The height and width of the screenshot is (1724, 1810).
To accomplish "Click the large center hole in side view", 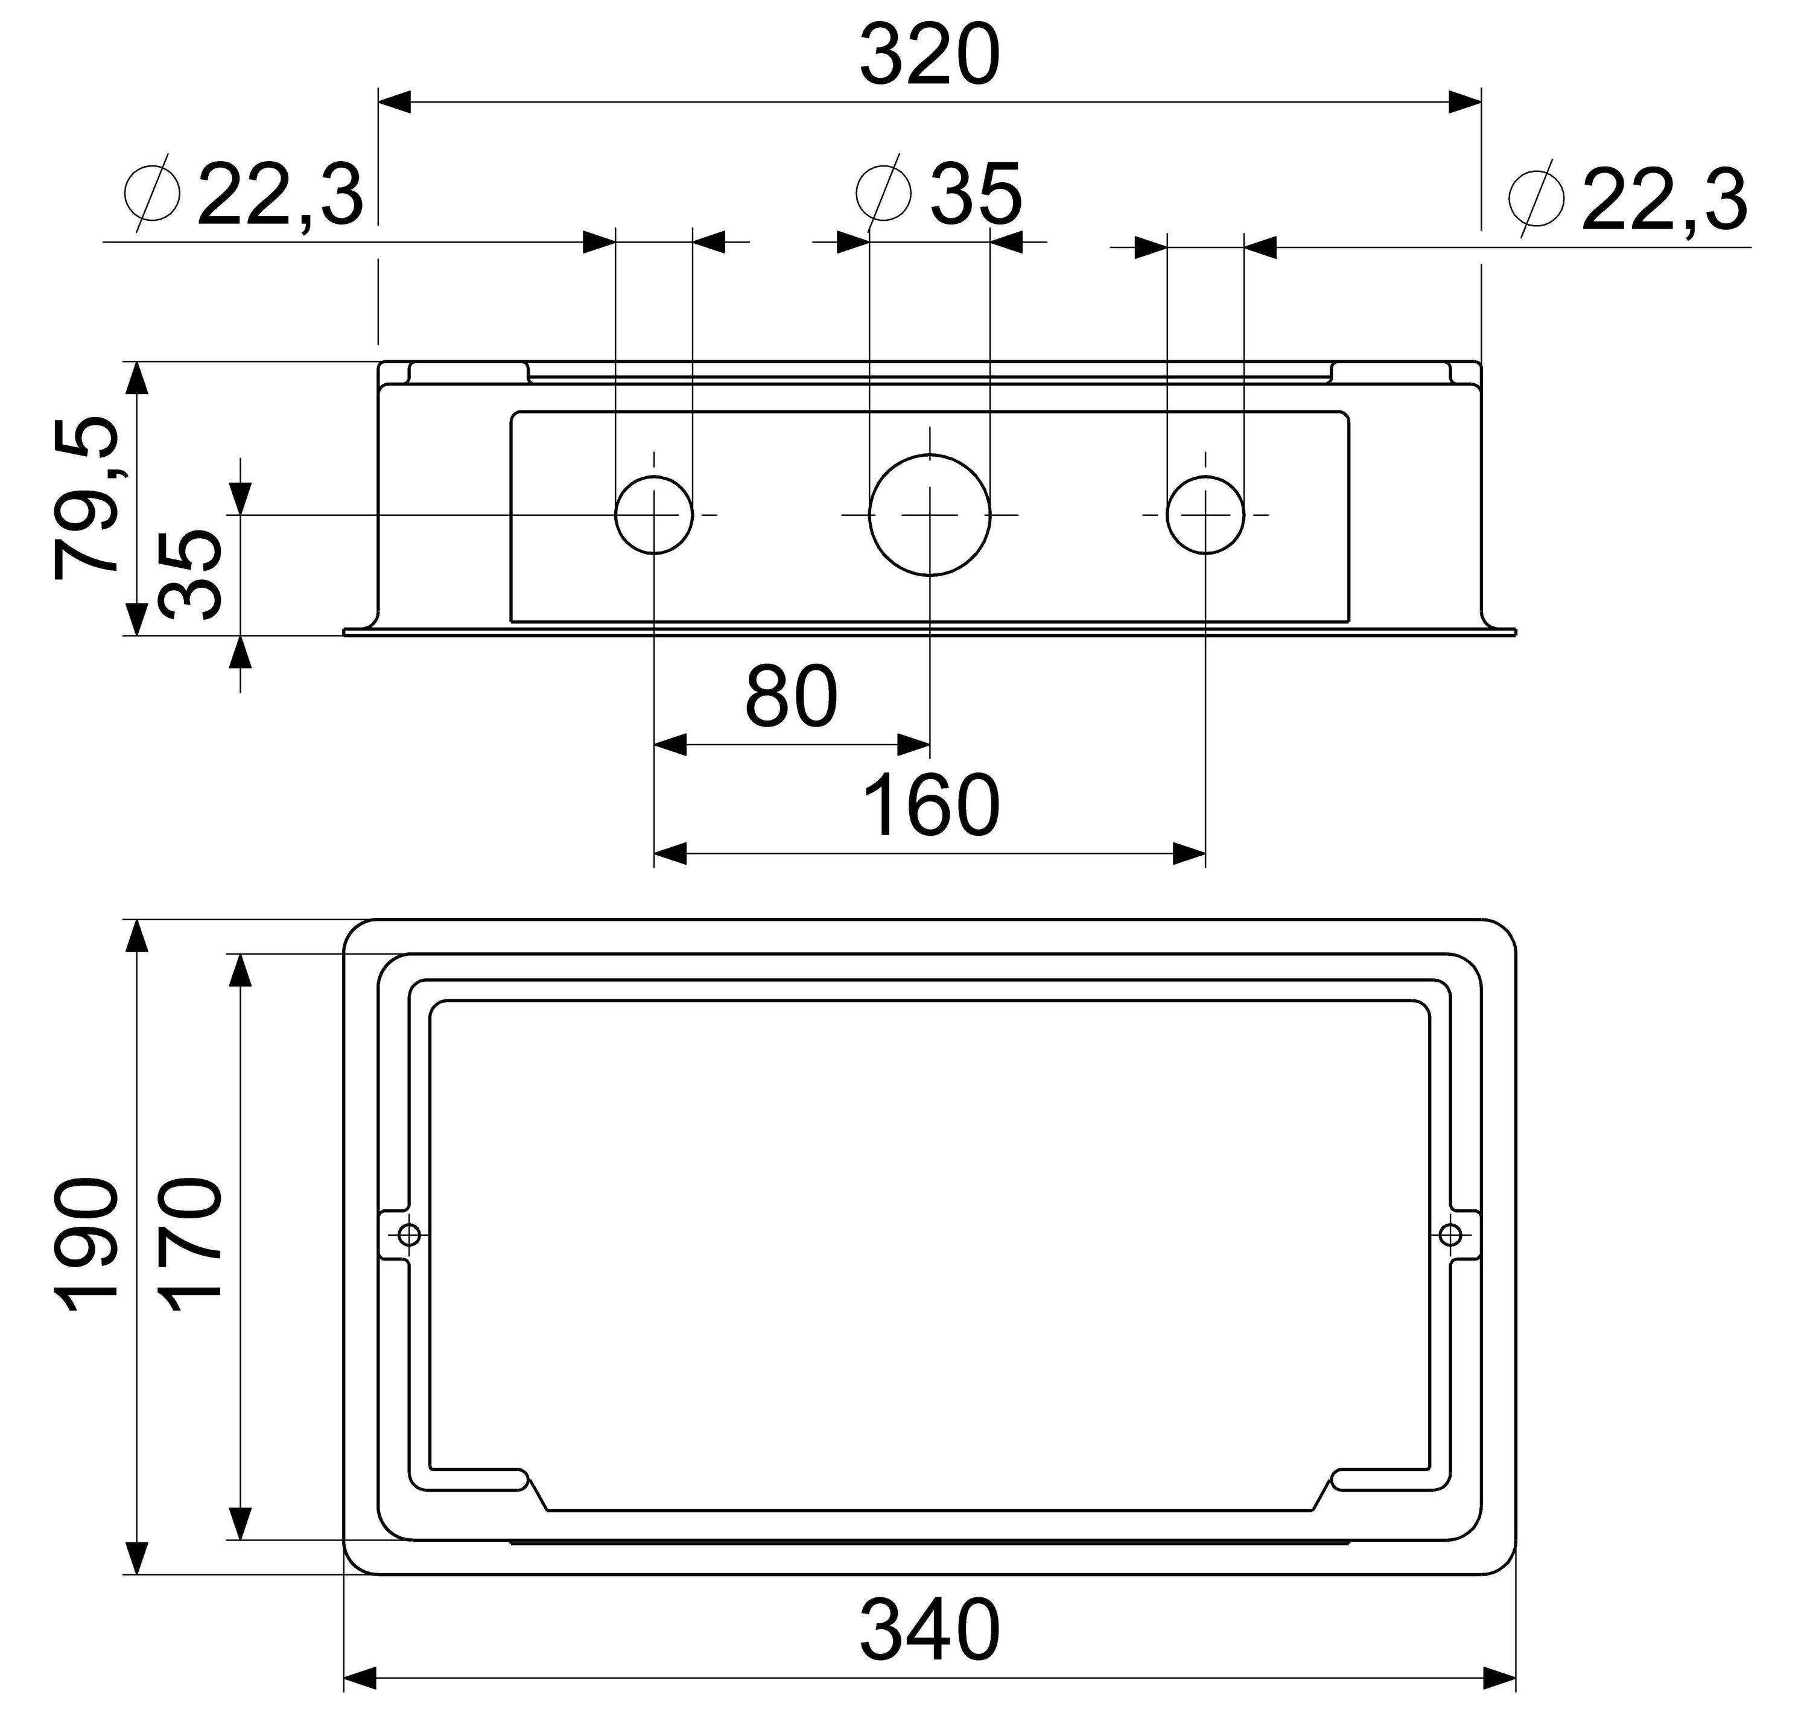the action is (x=930, y=515).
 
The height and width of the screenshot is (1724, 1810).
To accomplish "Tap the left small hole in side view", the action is (x=653, y=515).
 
